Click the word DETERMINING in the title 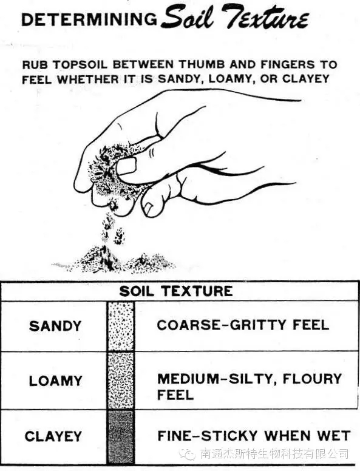[89, 19]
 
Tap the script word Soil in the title [187, 16]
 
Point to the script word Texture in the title [265, 17]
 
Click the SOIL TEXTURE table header [176, 291]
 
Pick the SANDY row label [55, 326]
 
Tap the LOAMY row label [56, 381]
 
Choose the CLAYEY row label [53, 436]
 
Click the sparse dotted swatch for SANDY [121, 326]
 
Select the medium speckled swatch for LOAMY [121, 381]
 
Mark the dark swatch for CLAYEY [121, 437]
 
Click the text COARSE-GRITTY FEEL [243, 325]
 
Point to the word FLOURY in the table [312, 379]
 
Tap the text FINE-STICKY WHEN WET [254, 436]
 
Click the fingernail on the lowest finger [149, 208]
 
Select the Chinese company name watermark [274, 454]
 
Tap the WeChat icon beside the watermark [188, 454]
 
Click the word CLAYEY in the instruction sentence [306, 79]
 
